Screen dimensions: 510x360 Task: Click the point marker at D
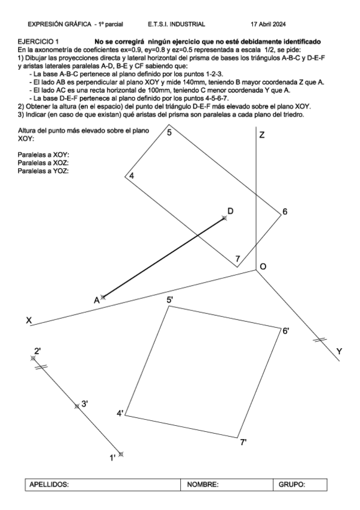[x=225, y=218]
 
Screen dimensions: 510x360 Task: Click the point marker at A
[x=103, y=297]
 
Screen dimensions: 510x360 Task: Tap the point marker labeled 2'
[x=33, y=358]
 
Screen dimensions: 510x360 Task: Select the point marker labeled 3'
[x=76, y=407]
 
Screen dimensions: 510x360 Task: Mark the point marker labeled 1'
[x=121, y=454]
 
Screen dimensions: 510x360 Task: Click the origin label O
[x=263, y=266]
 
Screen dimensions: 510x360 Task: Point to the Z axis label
[x=262, y=136]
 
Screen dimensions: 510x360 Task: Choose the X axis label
[x=29, y=321]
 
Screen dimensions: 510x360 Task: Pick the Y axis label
[x=339, y=351]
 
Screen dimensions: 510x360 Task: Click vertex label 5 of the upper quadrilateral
[x=170, y=132]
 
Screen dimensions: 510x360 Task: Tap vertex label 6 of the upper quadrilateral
[x=285, y=211]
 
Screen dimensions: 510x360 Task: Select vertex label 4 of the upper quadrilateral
[x=131, y=175]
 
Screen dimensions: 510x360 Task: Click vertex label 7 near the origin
[x=238, y=259]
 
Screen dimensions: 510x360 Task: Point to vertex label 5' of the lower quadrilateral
[x=170, y=300]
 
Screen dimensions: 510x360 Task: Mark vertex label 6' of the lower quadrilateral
[x=286, y=330]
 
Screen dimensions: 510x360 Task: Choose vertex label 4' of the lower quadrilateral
[x=120, y=413]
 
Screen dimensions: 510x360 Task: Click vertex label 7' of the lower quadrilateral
[x=243, y=442]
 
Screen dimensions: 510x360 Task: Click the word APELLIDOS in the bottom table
[x=50, y=485]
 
